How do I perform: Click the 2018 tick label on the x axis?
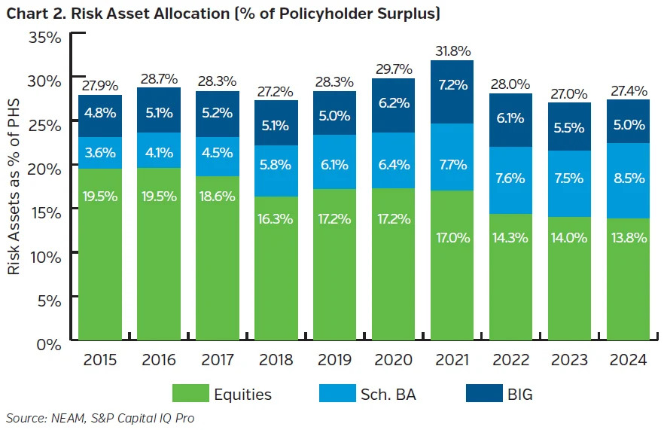click(x=277, y=360)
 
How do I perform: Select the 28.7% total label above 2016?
click(x=160, y=78)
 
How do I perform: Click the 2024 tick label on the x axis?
click(x=628, y=360)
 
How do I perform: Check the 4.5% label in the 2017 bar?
click(x=218, y=152)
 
